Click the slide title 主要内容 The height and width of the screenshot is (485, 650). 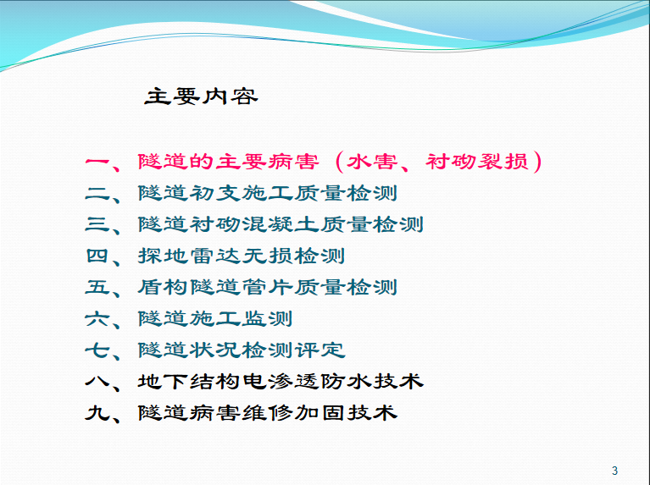pos(201,96)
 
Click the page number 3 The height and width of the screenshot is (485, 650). pos(614,471)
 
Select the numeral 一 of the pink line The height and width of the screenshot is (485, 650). pos(97,162)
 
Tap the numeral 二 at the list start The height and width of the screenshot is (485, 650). pos(97,194)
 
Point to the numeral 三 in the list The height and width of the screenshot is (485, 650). pos(97,224)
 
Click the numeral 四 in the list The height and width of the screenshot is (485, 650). pos(97,256)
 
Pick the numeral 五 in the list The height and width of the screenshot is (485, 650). pos(97,288)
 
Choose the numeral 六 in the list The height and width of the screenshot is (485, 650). pos(97,319)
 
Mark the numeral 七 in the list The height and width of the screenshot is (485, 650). pos(97,350)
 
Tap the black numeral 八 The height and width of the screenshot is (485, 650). pos(97,382)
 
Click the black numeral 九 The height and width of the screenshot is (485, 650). pos(97,413)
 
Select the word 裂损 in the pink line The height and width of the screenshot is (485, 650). pos(503,162)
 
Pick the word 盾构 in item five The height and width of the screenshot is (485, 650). pos(163,288)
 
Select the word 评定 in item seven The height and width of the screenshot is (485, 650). pos(319,350)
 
